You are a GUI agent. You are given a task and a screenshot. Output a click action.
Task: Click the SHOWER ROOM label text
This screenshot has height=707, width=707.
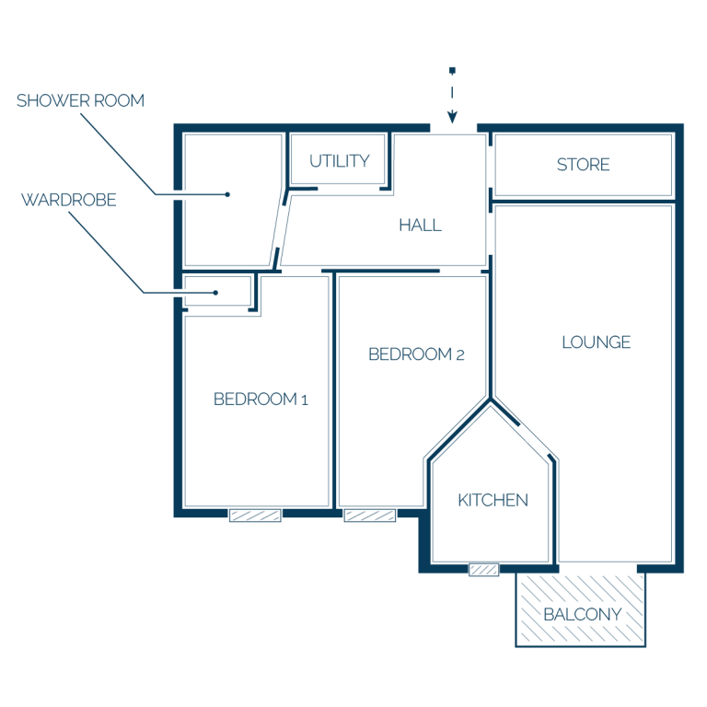click(x=81, y=100)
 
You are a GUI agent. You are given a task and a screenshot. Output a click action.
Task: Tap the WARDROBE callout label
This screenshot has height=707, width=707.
click(x=69, y=200)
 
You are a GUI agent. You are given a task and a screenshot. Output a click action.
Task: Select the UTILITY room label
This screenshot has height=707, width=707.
click(x=340, y=161)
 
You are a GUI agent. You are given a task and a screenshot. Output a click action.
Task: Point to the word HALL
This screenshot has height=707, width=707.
click(x=420, y=225)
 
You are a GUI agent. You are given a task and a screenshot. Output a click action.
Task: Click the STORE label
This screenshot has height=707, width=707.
click(x=584, y=165)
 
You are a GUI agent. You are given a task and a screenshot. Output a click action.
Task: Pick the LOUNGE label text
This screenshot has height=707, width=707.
click(x=597, y=342)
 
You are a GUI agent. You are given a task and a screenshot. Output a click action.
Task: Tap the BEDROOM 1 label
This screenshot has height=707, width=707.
click(x=261, y=399)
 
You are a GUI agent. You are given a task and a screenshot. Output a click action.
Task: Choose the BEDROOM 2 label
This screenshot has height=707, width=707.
click(x=416, y=354)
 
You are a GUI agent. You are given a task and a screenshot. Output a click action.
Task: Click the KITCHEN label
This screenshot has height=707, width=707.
click(x=493, y=500)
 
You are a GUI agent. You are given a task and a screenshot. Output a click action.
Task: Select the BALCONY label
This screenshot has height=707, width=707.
click(x=583, y=614)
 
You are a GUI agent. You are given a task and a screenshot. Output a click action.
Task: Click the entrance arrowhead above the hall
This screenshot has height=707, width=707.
click(x=452, y=118)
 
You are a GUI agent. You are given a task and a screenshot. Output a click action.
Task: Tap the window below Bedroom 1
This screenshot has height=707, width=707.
click(x=255, y=515)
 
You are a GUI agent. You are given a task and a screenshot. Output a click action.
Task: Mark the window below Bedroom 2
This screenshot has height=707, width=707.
click(x=370, y=515)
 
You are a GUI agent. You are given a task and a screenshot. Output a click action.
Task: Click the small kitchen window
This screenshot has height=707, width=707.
click(x=484, y=570)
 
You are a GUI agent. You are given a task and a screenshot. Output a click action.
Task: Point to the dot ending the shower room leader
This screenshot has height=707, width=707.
click(x=227, y=194)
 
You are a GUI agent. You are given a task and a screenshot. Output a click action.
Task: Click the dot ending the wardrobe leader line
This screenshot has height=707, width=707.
click(x=215, y=293)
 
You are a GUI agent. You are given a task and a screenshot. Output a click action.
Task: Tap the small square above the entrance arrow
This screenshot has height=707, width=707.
click(x=452, y=70)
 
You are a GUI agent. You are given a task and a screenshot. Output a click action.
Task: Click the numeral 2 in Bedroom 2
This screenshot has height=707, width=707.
click(x=460, y=355)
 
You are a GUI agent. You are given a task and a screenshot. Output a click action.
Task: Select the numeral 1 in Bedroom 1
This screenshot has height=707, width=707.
click(x=305, y=400)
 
